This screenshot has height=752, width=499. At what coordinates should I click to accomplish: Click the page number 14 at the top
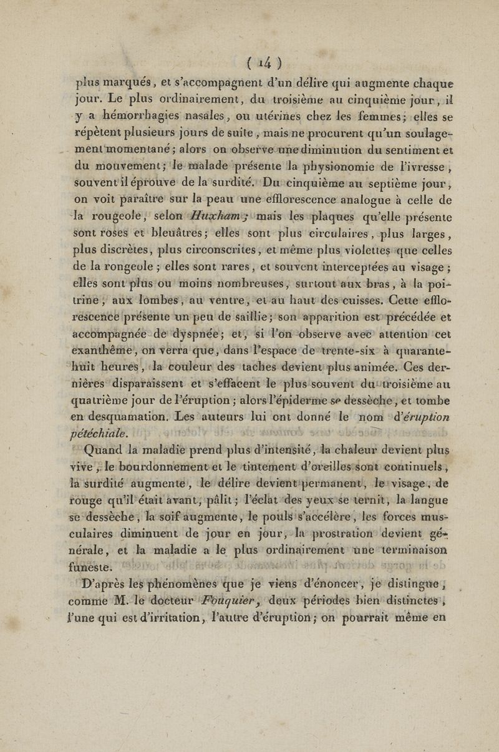[x=250, y=63]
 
